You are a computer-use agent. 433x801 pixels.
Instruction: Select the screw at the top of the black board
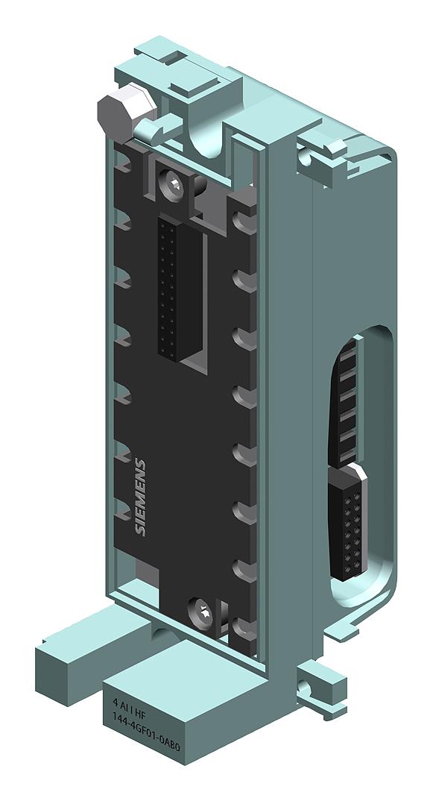(174, 180)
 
